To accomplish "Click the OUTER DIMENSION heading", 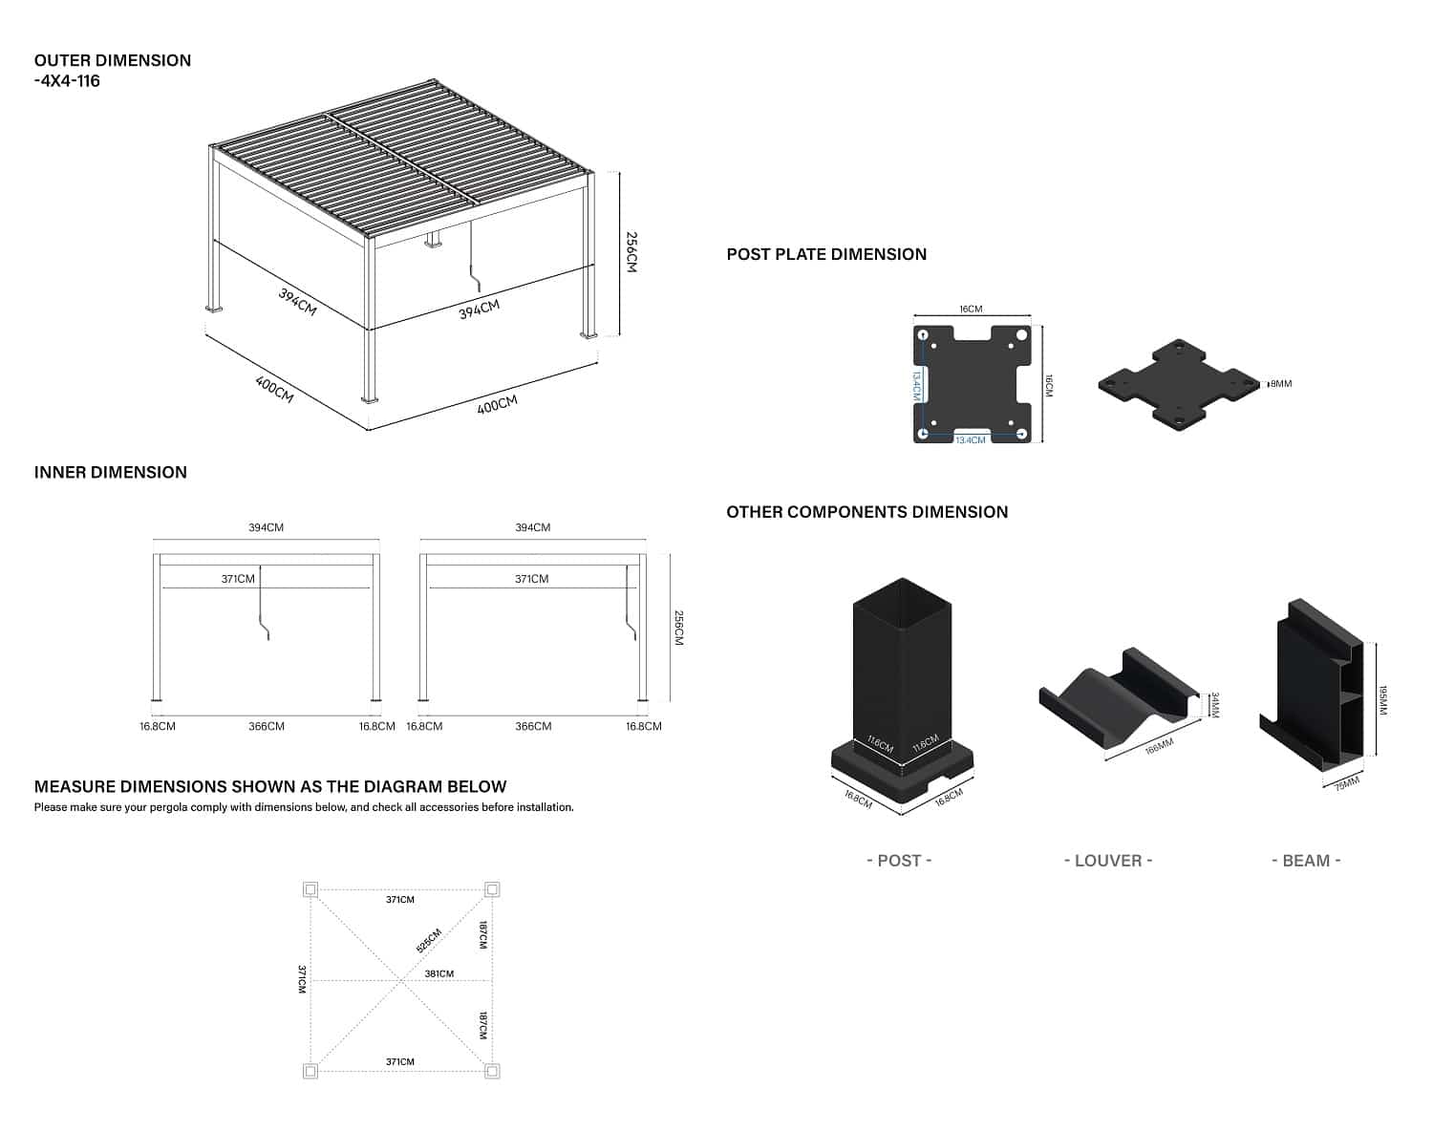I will click(x=112, y=60).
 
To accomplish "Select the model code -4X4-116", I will click(x=67, y=81).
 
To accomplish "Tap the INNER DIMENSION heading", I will click(x=110, y=472).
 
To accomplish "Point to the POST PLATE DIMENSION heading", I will click(x=826, y=254).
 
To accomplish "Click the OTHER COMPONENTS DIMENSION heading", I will click(x=866, y=512).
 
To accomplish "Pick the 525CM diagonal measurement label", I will click(x=429, y=940).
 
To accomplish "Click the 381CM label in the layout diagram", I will click(x=439, y=973).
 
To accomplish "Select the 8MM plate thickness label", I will click(x=1280, y=384).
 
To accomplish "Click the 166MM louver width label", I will click(x=1159, y=745).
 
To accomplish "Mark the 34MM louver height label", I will click(x=1215, y=705).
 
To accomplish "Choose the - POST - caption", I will click(x=899, y=861).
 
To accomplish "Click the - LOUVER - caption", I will click(x=1108, y=861).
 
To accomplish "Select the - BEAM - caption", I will click(x=1306, y=861).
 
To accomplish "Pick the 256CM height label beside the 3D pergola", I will click(x=631, y=252).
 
